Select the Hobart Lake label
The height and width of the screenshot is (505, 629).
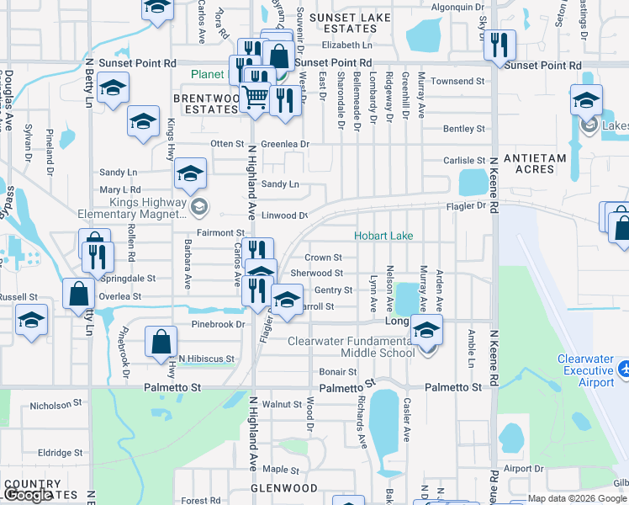coord(383,236)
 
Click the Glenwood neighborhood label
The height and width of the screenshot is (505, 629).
coord(284,488)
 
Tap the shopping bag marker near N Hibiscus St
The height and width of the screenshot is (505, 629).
coord(161,342)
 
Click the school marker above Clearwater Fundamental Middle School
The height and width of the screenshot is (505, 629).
coord(427,330)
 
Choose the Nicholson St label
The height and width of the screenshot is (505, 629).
coord(52,406)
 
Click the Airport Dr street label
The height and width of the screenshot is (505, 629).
coord(523,469)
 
